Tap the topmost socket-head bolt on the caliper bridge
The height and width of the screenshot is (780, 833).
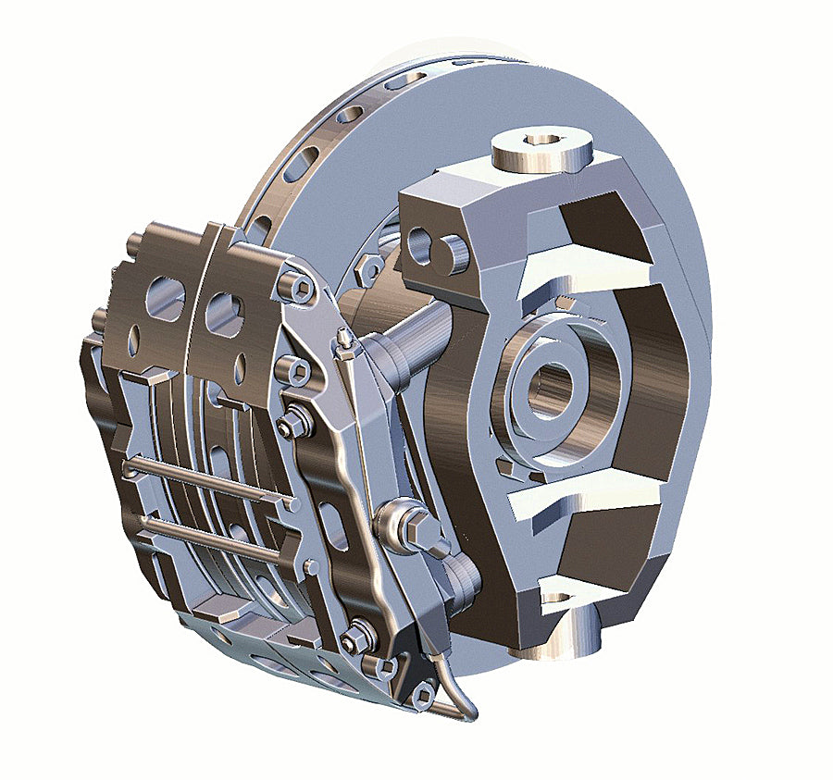click(x=297, y=289)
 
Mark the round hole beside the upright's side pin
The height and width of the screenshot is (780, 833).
click(x=419, y=246)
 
